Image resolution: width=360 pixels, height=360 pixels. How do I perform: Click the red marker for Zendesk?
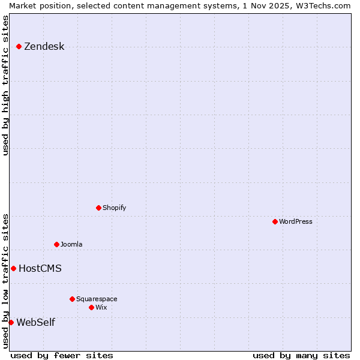[x=19, y=46]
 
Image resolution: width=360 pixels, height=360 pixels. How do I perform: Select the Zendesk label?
[x=44, y=47]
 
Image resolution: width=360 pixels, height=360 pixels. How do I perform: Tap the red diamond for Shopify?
[x=98, y=208]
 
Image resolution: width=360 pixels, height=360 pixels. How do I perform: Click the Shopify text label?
[x=114, y=208]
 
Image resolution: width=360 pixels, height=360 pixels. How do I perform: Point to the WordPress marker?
[x=275, y=221]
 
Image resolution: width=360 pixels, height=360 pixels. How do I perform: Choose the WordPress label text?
[x=295, y=221]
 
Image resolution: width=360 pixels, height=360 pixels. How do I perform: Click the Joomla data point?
[x=56, y=244]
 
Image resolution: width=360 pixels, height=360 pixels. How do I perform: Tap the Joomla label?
[x=71, y=244]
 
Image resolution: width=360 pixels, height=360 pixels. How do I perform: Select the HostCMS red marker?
[x=13, y=268]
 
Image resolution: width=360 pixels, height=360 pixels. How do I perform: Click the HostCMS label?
[x=40, y=268]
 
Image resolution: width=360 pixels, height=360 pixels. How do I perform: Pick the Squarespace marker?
[x=72, y=299]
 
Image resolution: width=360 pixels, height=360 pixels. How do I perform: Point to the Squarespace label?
[x=97, y=299]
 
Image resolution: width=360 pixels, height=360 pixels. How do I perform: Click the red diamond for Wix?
[x=91, y=307]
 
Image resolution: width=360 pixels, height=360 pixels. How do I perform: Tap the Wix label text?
[x=101, y=307]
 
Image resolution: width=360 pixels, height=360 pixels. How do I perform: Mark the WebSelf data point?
[x=11, y=322]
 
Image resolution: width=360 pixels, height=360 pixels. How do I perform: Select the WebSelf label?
[x=35, y=322]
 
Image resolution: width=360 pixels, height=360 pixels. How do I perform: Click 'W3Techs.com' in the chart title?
[x=323, y=5]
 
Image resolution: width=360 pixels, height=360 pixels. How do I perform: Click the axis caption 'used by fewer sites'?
[x=62, y=355]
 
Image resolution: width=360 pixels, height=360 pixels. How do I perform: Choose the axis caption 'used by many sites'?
[x=301, y=355]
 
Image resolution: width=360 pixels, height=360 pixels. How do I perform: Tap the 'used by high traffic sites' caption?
[x=5, y=85]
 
